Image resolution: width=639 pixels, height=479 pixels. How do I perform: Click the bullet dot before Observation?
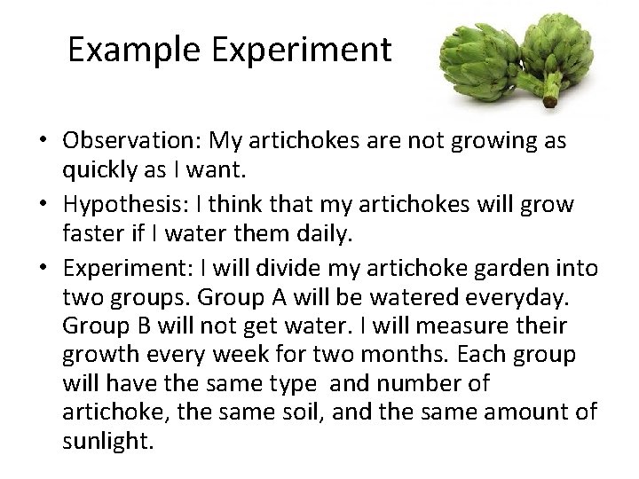tap(43, 143)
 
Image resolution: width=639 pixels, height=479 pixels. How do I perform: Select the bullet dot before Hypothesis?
tap(43, 206)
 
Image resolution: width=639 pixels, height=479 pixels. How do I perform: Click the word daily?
tap(331, 236)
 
